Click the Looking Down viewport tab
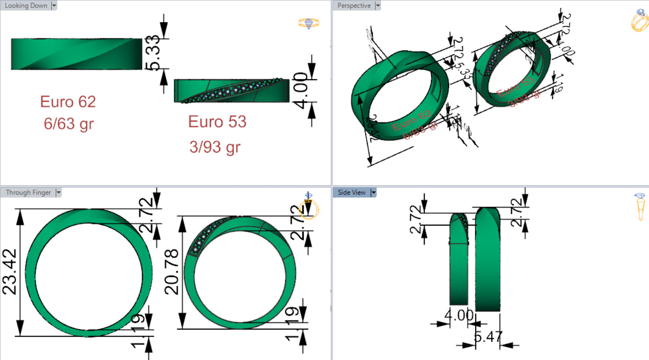[x=26, y=6]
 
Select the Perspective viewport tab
[x=354, y=6]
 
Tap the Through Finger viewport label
[x=28, y=192]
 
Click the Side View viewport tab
[x=351, y=192]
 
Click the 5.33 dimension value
[x=153, y=53]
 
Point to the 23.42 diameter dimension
[x=10, y=272]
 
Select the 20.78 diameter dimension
[x=172, y=272]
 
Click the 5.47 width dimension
[x=488, y=337]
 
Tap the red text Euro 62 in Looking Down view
[x=68, y=102]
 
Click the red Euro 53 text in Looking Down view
[x=217, y=122]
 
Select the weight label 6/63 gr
[x=69, y=124]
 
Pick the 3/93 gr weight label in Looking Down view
[x=215, y=147]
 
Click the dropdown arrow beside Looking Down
[x=54, y=6]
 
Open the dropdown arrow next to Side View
[x=374, y=192]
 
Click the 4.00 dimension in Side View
[x=459, y=315]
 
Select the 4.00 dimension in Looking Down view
[x=301, y=90]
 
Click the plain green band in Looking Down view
[x=76, y=54]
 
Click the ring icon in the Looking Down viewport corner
[x=309, y=23]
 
